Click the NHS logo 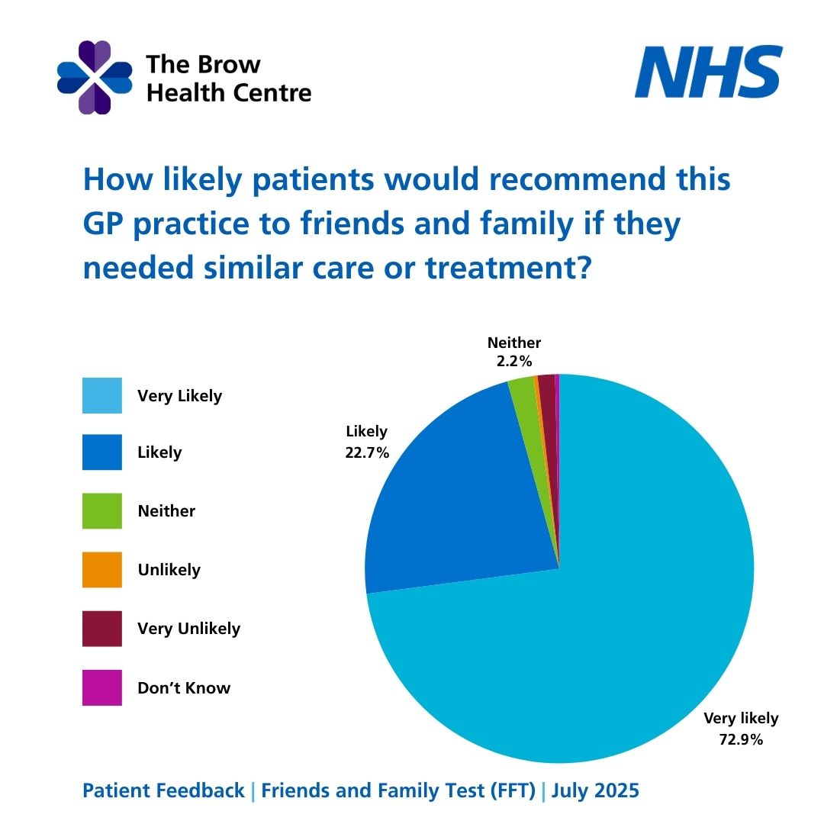709,72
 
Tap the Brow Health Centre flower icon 95,78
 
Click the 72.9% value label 741,739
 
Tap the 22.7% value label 367,452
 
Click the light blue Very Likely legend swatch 102,395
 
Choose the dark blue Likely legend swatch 102,452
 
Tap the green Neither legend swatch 102,511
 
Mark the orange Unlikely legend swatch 102,570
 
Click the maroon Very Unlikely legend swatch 102,629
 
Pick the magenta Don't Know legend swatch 102,687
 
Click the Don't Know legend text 184,687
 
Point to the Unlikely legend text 169,570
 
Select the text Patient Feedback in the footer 163,790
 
